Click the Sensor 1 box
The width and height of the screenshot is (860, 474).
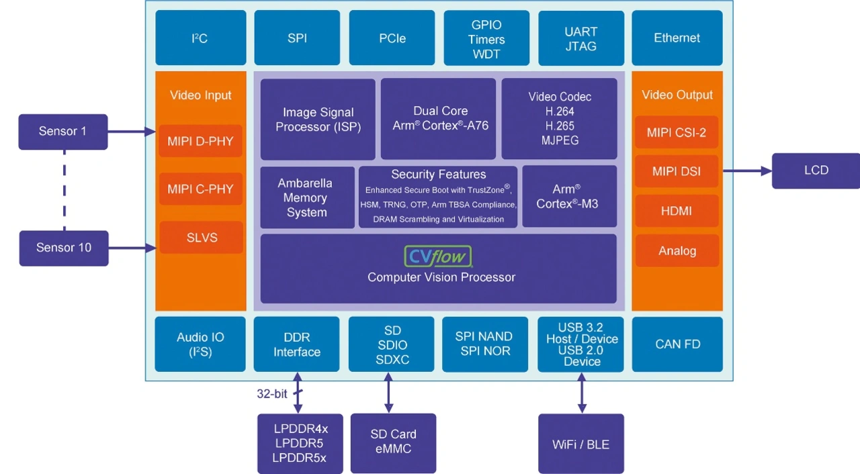[x=63, y=132]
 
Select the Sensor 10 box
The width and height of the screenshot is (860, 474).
[x=64, y=248]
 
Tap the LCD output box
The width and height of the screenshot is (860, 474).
[x=816, y=171]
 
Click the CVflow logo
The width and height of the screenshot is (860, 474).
[x=438, y=256]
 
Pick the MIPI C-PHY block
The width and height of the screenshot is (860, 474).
[x=200, y=189]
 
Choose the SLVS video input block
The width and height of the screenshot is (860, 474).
[x=201, y=238]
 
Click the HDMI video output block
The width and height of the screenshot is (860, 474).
[x=677, y=211]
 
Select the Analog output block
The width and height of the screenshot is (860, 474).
[x=677, y=251]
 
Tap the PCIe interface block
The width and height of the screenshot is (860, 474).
[x=392, y=38]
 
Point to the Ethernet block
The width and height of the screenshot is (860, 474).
[x=677, y=38]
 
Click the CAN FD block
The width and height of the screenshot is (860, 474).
[x=677, y=344]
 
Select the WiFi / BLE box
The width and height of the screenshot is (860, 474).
[x=581, y=444]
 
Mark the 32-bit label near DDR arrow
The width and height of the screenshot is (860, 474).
[x=272, y=394]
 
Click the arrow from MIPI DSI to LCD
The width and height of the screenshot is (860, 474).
[x=746, y=171]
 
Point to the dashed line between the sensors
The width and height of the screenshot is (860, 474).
[x=64, y=190]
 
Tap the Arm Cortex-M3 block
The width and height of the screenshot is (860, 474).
[x=568, y=197]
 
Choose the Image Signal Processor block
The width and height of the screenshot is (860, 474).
[x=318, y=120]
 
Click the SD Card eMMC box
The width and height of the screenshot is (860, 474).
[x=393, y=442]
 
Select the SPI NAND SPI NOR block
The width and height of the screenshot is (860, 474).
[x=483, y=344]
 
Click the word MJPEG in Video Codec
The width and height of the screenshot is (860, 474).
[x=559, y=140]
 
